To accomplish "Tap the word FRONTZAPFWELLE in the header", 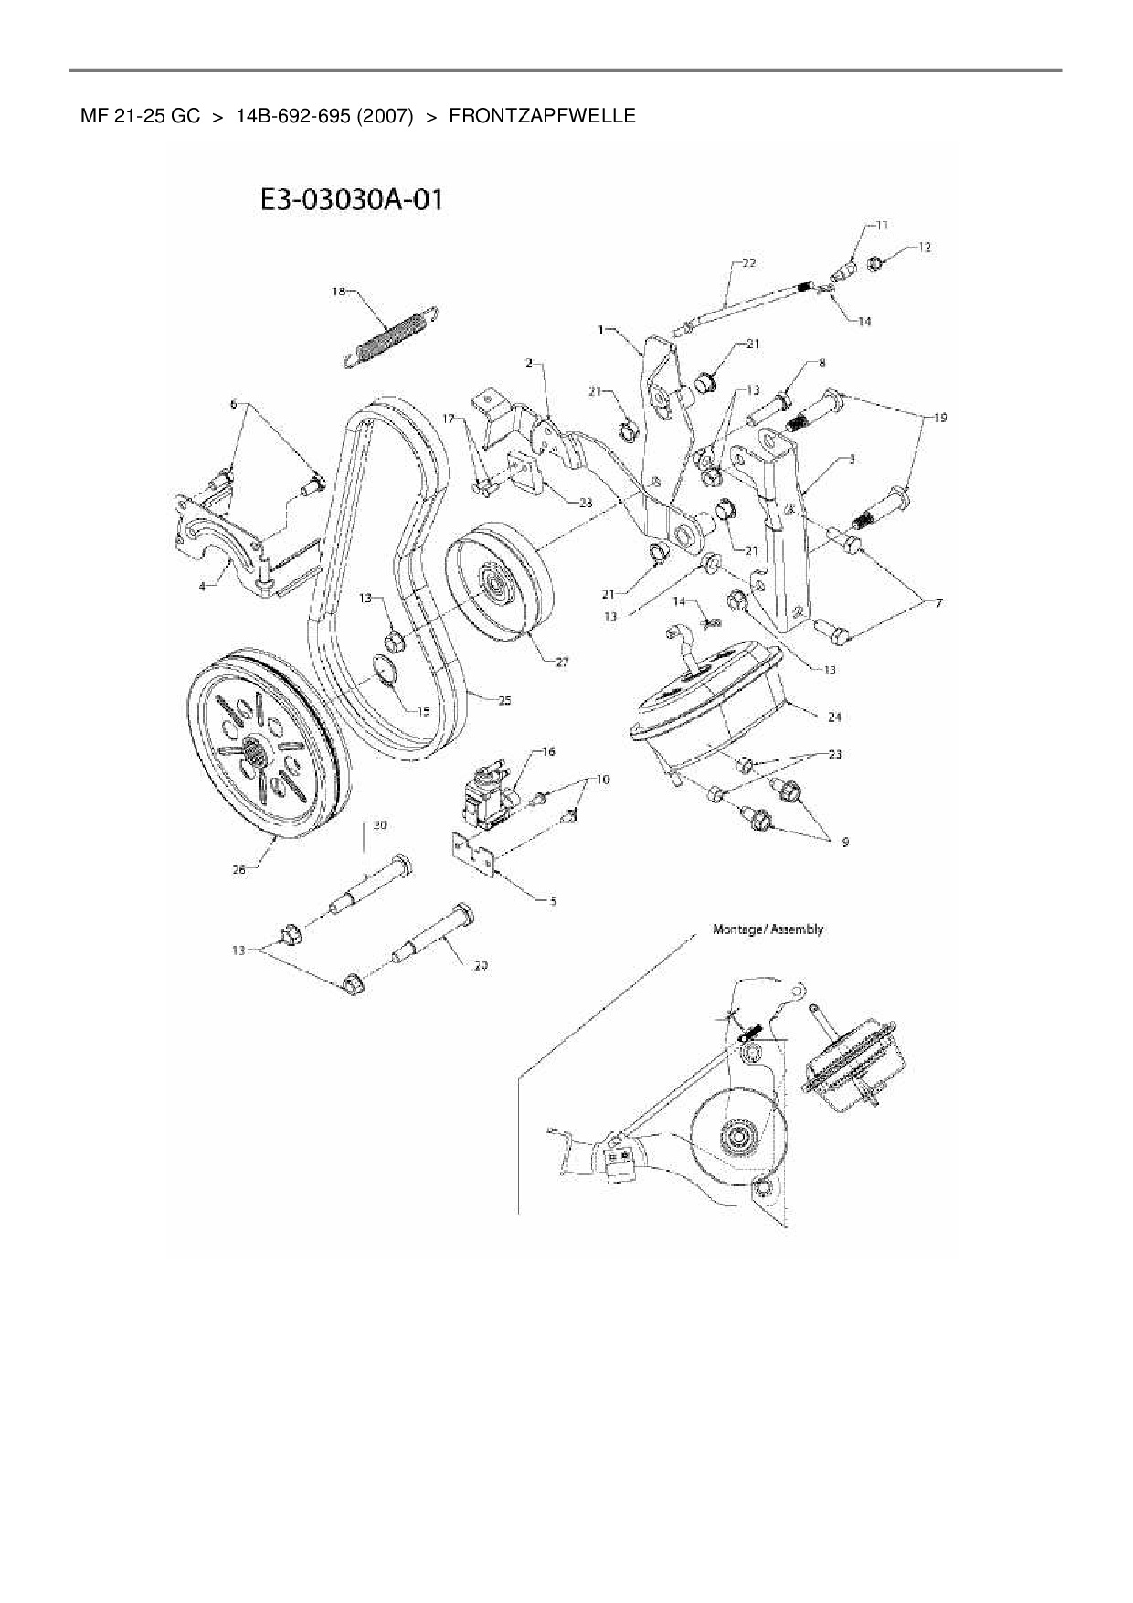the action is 542,116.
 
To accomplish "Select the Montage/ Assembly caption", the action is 768,929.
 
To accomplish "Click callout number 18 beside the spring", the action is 339,292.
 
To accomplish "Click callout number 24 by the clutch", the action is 834,717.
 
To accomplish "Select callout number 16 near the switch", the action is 548,751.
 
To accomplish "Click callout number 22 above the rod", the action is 748,263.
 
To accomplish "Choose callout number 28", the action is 586,502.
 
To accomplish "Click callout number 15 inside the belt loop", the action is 422,710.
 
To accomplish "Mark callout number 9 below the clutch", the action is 844,842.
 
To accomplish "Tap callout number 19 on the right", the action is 939,418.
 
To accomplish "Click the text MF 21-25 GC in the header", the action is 140,116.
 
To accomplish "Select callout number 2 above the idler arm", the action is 529,364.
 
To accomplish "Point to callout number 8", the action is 821,363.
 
